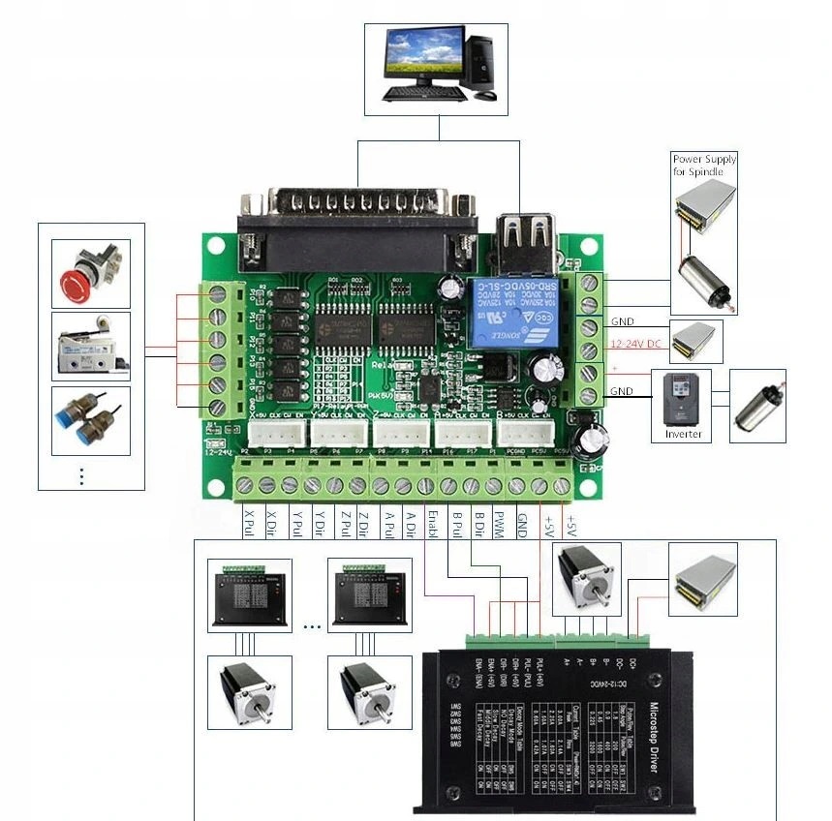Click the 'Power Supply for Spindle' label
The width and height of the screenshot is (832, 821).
coord(704,165)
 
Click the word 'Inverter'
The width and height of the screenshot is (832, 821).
coord(683,434)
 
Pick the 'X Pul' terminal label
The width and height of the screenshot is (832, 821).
coord(249,526)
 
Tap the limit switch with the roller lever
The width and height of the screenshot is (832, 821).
coord(89,347)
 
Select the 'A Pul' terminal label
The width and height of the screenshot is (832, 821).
coord(387,526)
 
